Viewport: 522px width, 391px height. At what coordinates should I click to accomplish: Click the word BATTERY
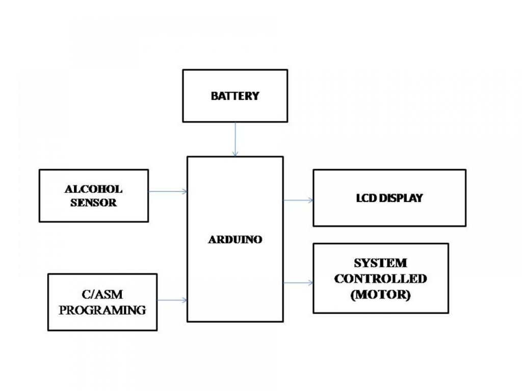click(x=235, y=96)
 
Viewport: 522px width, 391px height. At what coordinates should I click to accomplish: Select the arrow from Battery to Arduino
click(x=236, y=139)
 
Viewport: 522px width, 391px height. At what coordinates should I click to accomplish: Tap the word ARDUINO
click(x=235, y=239)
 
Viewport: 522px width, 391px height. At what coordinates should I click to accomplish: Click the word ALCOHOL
click(x=94, y=189)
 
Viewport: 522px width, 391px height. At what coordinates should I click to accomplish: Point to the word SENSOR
click(x=94, y=203)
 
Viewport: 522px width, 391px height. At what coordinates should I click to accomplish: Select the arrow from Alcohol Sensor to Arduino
click(x=168, y=191)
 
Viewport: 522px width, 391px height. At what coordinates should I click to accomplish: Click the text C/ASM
click(x=102, y=294)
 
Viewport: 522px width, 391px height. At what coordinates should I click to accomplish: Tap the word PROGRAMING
click(x=102, y=310)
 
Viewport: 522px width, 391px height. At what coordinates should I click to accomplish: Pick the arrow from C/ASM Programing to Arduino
click(x=172, y=300)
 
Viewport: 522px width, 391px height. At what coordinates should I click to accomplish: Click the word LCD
click(x=367, y=198)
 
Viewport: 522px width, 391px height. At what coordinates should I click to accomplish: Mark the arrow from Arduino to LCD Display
click(x=298, y=200)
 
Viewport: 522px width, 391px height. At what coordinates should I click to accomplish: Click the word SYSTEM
click(x=380, y=263)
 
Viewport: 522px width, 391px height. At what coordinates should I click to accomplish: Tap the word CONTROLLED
click(x=380, y=278)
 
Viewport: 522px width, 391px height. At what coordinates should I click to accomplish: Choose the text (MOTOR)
click(x=380, y=295)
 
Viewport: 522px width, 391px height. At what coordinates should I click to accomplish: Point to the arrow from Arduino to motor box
click(x=298, y=283)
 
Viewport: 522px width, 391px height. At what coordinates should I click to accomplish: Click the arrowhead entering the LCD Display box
click(x=311, y=200)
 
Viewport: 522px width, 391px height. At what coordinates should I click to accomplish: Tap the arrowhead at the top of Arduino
click(x=236, y=154)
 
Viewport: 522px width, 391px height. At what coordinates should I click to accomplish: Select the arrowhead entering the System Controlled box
click(x=311, y=283)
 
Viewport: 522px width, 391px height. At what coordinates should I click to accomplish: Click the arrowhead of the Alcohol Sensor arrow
click(x=185, y=191)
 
